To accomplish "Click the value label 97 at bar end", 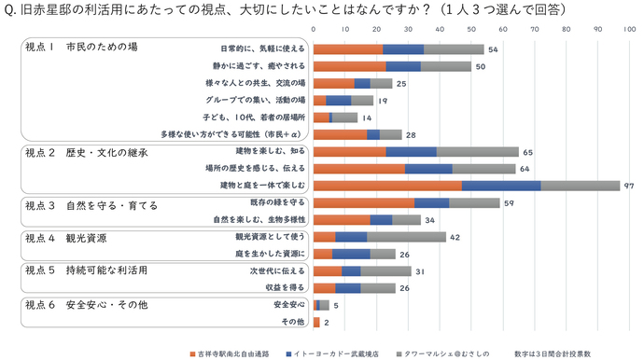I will pos(629,186).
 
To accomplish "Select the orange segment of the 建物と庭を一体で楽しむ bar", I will pos(387,186).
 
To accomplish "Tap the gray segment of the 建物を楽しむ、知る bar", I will pos(477,151).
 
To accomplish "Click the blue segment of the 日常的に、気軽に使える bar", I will pos(403,48).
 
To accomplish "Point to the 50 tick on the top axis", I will pos(471,30).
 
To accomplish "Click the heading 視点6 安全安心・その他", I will pos(86,304).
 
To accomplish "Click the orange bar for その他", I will pos(316,322).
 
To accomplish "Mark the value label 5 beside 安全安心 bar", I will pos(336,305).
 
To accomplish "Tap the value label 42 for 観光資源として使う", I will pos(455,237).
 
